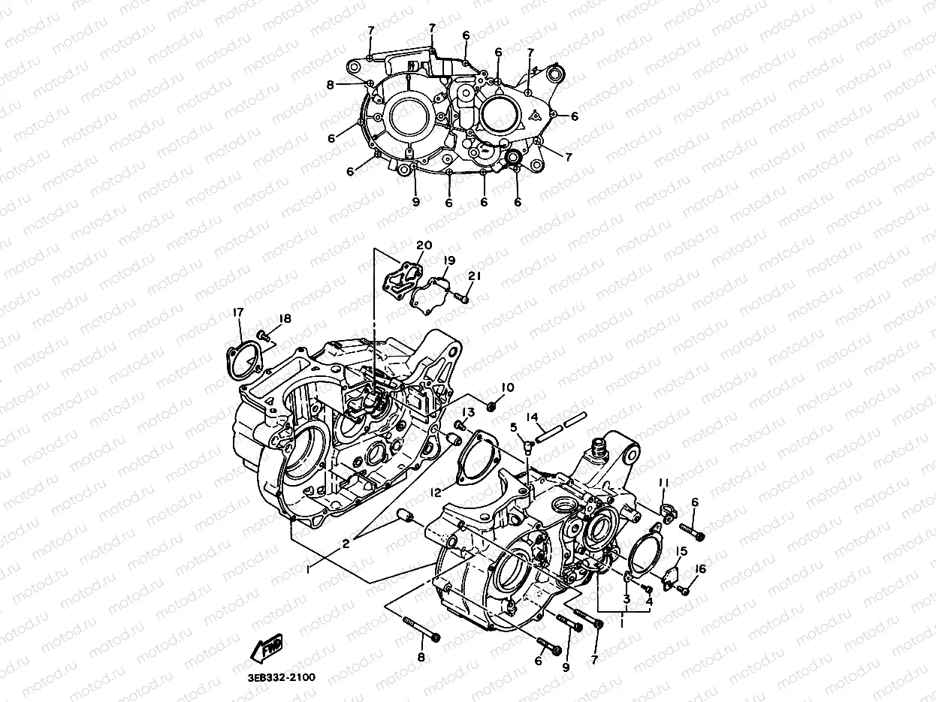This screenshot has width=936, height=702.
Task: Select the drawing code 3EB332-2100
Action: (279, 677)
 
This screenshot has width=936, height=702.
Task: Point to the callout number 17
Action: (237, 313)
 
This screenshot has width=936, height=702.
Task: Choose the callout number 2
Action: (346, 544)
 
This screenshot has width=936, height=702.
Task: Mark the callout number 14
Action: (532, 417)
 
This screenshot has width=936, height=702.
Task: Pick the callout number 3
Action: (626, 598)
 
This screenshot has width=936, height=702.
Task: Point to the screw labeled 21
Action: (464, 299)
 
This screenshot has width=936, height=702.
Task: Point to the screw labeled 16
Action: (684, 590)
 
